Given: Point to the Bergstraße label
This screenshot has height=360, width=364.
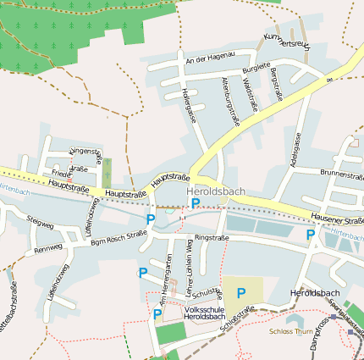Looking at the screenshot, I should click(274, 86).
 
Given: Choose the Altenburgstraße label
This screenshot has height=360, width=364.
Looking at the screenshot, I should click(229, 101).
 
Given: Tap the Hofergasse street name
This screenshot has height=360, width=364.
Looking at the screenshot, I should click(189, 104).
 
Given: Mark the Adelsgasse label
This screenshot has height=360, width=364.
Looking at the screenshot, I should click(295, 147).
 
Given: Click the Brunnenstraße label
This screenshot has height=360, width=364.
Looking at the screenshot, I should click(341, 172).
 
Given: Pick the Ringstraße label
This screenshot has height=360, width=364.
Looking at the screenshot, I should click(212, 239).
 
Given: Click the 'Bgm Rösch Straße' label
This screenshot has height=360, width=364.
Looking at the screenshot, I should click(119, 242).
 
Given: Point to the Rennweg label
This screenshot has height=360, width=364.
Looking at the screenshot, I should click(47, 249).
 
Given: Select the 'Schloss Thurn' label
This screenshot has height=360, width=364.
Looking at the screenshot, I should click(290, 332).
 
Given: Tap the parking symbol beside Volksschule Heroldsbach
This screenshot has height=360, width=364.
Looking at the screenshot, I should click(157, 314).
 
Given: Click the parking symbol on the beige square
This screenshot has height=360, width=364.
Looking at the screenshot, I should click(241, 293).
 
